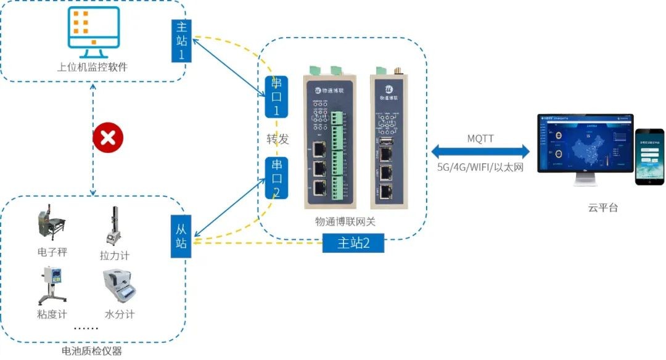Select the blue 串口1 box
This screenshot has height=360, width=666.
pyautogui.click(x=276, y=97)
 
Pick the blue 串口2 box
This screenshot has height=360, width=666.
pyautogui.click(x=277, y=178)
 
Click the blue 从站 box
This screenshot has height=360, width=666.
pyautogui.click(x=181, y=236)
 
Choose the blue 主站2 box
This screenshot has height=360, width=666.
pyautogui.click(x=353, y=243)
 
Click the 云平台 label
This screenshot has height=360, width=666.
pyautogui.click(x=602, y=208)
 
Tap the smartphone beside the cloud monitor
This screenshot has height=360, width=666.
pyautogui.click(x=649, y=157)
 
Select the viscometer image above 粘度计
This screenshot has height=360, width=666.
pyautogui.click(x=52, y=285)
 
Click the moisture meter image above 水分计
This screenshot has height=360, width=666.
pyautogui.click(x=119, y=287)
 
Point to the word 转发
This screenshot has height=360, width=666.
pyautogui.click(x=273, y=139)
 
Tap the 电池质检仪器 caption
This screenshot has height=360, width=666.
pyautogui.click(x=92, y=351)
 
